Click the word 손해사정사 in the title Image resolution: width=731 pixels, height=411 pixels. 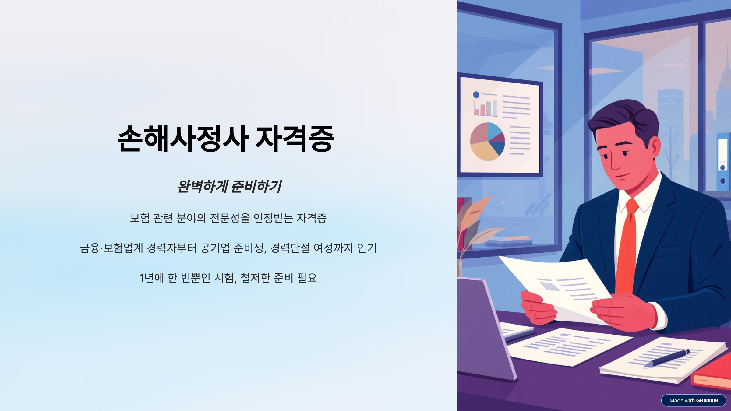183,139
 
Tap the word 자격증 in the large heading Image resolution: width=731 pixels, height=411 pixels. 295,139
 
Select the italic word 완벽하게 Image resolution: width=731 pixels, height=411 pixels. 203,186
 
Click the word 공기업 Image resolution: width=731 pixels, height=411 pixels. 215,248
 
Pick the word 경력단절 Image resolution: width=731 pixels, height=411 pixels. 290,248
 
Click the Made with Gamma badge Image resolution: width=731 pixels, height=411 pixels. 694,400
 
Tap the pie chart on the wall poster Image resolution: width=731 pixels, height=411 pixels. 487,142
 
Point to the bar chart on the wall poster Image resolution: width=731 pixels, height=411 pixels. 486,107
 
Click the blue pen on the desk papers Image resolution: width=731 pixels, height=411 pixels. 667,358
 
